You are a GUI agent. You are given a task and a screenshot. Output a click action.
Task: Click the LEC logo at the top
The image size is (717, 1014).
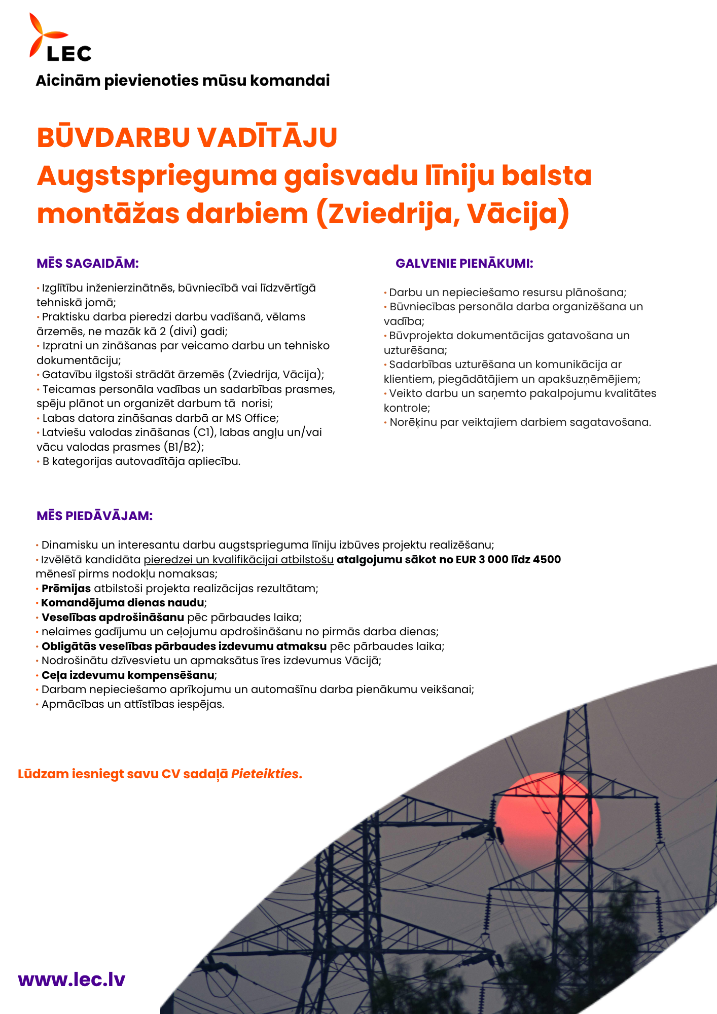tap(60, 38)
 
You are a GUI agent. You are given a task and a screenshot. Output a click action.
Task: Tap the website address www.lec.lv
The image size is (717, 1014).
tap(71, 979)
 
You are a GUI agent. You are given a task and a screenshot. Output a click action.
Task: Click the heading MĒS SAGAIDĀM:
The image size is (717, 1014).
tap(88, 264)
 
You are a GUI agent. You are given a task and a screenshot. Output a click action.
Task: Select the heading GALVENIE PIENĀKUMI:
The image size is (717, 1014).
tap(464, 264)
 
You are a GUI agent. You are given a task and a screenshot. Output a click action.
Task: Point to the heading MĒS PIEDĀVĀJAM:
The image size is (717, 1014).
tap(95, 516)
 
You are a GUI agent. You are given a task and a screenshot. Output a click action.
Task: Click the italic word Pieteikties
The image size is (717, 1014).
tap(265, 774)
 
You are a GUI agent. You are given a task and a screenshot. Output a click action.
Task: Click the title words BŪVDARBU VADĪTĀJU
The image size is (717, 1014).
tap(187, 137)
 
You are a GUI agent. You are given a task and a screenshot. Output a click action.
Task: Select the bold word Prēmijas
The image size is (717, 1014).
tap(66, 589)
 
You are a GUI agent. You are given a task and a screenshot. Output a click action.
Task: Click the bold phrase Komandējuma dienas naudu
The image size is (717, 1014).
tap(123, 603)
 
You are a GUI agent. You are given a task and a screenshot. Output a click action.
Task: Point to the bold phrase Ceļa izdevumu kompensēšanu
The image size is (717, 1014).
tap(128, 675)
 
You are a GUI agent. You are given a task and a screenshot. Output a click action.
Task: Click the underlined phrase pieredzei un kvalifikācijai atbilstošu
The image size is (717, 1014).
tap(238, 560)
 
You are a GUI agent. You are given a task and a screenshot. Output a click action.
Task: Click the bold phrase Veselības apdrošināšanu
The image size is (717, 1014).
tap(113, 618)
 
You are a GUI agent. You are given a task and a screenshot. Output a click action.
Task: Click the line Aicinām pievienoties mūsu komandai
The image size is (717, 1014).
tap(183, 81)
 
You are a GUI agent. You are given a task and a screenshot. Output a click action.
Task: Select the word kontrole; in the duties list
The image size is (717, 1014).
tap(407, 408)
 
